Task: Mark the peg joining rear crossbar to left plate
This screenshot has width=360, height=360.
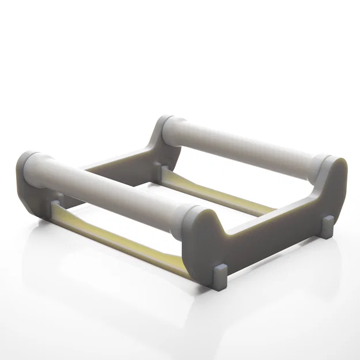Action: pos(160,168)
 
